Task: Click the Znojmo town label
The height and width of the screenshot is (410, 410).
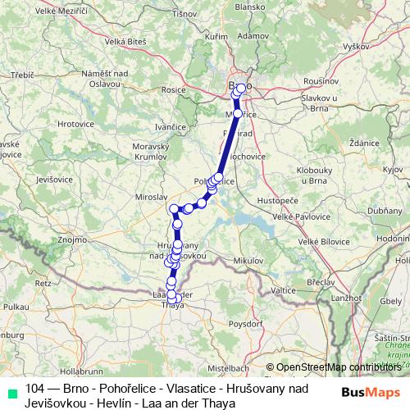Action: point(73,240)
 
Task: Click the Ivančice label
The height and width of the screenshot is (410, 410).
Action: point(172,127)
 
